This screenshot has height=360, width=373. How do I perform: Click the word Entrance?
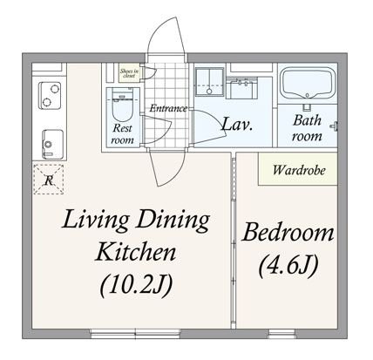tap(168, 108)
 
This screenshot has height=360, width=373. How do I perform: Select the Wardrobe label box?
tap(295, 168)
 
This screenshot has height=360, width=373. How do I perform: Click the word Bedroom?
tap(288, 233)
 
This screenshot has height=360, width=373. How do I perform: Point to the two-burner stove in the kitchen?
tap(47, 94)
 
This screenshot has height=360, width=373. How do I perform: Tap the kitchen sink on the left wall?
tap(48, 139)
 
